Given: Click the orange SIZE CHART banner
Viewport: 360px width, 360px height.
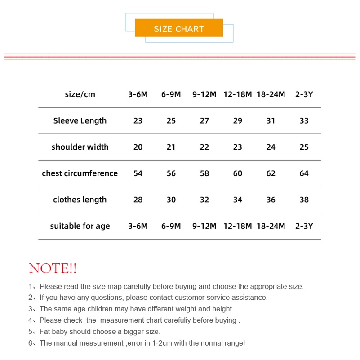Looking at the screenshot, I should pos(179,28).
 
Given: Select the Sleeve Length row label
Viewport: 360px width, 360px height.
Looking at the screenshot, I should pos(80,120).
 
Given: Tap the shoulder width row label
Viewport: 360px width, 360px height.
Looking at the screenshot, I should pos(80,147).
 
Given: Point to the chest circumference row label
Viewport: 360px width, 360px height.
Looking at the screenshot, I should pos(80,173).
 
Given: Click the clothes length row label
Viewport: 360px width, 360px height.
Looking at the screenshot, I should pos(80,200).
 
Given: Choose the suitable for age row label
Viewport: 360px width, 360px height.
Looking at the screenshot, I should pos(80,226).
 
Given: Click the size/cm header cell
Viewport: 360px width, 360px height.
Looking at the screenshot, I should pos(80,94).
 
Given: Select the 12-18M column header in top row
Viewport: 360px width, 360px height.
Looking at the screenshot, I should pos(237,94).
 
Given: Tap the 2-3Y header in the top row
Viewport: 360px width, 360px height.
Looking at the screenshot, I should pos(304,94).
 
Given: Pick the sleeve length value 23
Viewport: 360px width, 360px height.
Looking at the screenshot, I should pos(138,120).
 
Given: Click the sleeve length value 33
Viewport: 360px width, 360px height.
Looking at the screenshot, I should pos(304,120).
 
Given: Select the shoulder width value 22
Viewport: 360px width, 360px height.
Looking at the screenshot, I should pos(204,147).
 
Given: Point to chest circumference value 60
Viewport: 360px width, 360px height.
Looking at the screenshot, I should pos(237,173).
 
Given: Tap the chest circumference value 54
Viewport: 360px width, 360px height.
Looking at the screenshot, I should pos(138,173).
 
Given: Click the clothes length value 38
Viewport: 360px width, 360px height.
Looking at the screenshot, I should pos(304,200).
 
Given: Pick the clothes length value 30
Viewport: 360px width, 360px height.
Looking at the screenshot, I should pos(171,200).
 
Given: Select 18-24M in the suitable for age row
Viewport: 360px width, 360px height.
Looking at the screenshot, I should pos(271,226).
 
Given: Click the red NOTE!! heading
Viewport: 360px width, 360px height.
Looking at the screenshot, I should pos(53,269).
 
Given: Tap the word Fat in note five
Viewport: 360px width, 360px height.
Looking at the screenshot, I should pos(45,332).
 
